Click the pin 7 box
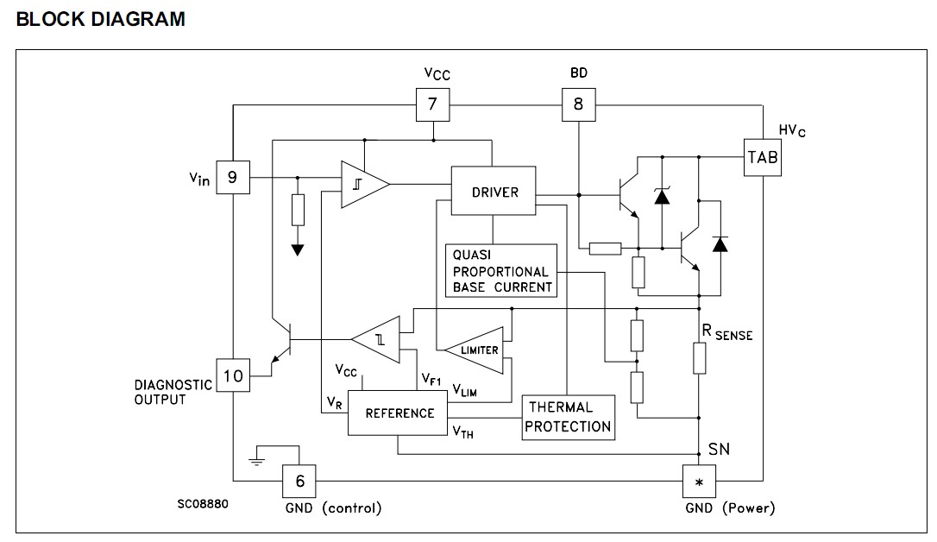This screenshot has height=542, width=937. (x=432, y=105)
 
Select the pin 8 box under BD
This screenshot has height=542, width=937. (x=578, y=105)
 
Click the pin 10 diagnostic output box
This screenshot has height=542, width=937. (x=232, y=376)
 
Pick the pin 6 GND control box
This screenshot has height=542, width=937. (x=300, y=480)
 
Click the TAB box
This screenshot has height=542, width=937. (x=763, y=157)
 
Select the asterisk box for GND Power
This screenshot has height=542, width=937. (x=699, y=480)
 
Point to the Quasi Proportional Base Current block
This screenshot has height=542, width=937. (x=501, y=271)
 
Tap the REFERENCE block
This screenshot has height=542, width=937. (x=399, y=413)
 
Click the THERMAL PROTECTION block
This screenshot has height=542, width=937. (x=569, y=417)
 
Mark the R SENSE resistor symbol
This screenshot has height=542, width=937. (x=700, y=358)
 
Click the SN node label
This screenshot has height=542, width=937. (x=719, y=450)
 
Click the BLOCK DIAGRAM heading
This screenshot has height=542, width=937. (x=100, y=19)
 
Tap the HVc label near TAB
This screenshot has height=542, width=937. (x=793, y=130)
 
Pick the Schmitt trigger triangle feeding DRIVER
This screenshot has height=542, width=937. (x=361, y=184)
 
